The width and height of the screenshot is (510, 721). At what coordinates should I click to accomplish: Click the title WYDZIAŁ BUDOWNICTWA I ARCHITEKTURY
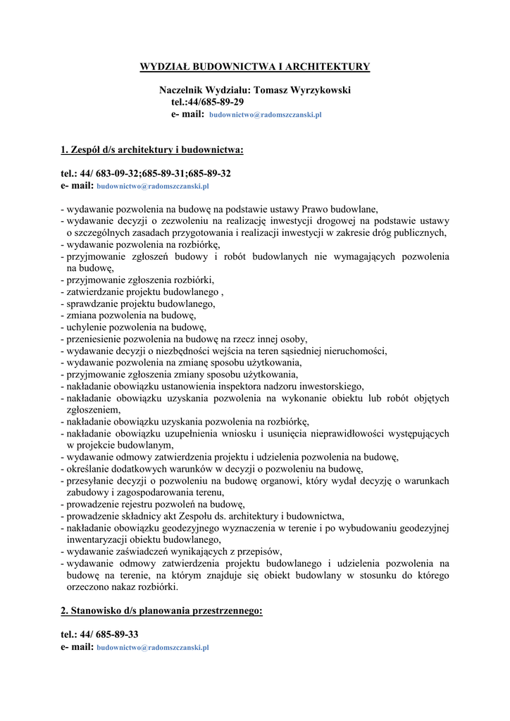point(255,67)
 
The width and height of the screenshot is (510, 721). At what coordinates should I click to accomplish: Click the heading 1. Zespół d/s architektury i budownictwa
point(152,149)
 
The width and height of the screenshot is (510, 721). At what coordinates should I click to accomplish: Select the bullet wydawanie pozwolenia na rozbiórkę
point(143,244)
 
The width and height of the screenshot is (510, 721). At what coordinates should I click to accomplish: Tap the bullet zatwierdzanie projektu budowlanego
point(142,291)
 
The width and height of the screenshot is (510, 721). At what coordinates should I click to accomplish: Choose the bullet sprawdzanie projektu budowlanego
point(141,303)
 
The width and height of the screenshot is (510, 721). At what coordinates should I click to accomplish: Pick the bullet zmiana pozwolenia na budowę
point(131,315)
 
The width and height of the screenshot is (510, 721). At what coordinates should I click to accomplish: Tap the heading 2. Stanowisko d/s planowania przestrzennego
point(161,610)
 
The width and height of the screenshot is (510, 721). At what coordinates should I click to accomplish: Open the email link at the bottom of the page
point(153,647)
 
